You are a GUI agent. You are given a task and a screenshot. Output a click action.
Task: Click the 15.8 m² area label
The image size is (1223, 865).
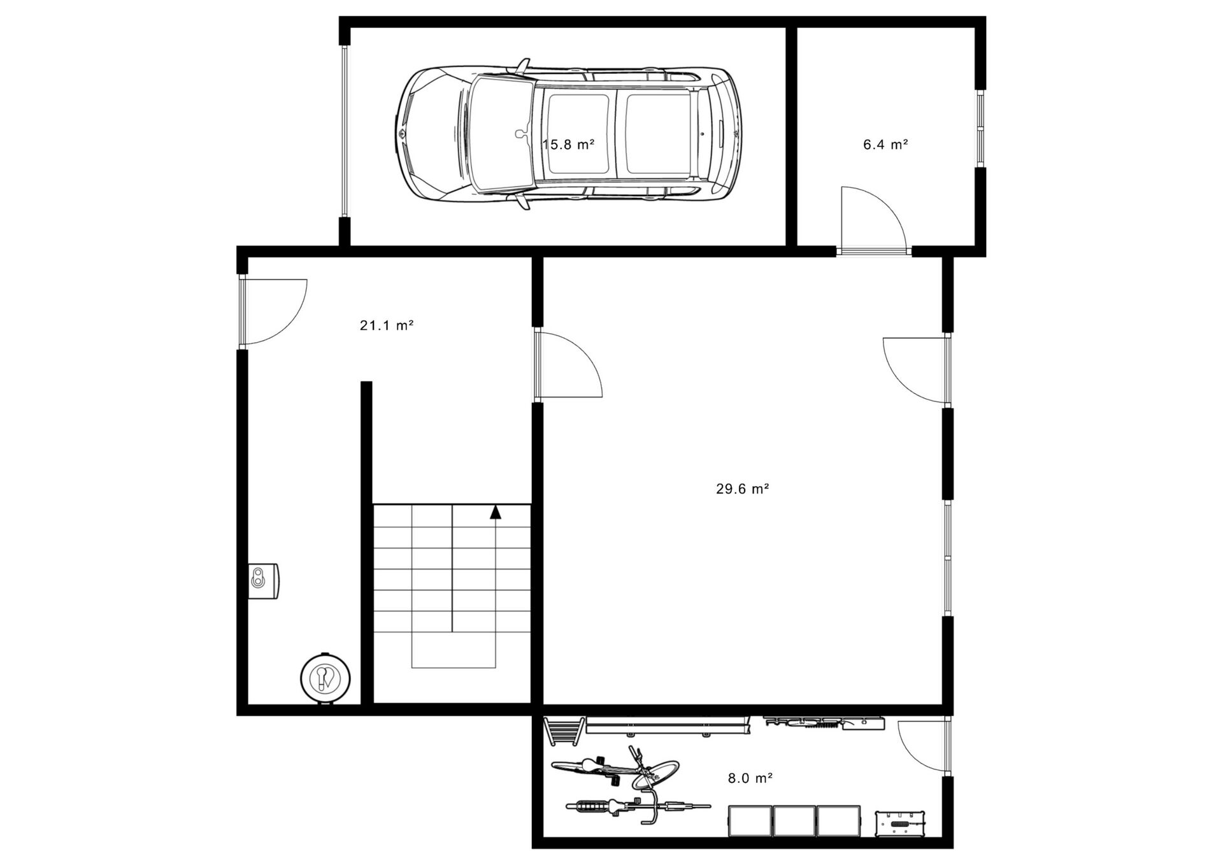pos(568,145)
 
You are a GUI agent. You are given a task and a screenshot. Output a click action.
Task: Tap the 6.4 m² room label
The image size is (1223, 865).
pos(885,145)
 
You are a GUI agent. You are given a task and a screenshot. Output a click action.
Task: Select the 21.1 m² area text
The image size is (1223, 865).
pos(387,325)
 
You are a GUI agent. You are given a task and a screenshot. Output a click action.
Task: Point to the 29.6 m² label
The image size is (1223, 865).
pos(743,489)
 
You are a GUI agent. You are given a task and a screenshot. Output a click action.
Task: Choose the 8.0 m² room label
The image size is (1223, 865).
pos(750,778)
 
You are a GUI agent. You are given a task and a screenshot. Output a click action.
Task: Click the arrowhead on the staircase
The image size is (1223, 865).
pos(496,511)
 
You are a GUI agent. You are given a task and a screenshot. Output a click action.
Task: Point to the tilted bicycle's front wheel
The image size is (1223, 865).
pos(658,773)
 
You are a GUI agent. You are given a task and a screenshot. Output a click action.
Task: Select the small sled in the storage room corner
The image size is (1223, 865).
pos(563,730)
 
